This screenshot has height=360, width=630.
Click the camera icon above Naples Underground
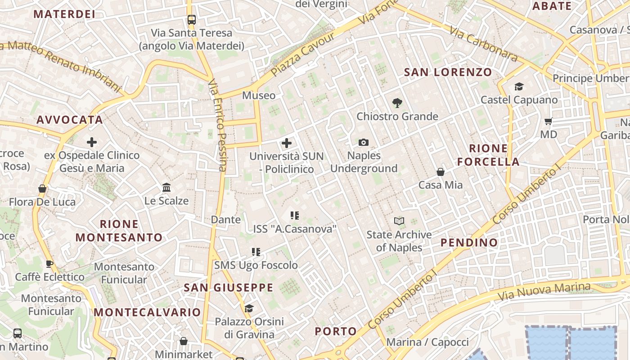pos(364,143)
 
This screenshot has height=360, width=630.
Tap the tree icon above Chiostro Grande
pos(397,103)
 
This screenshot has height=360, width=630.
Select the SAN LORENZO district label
pos(448,72)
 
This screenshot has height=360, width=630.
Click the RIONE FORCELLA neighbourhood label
pos(488,155)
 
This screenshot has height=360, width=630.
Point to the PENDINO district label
pos(469,243)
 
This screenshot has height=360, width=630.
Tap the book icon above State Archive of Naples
pos(399,221)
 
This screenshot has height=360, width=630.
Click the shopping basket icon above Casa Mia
pos(441,172)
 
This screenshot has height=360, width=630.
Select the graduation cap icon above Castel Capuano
pos(519,86)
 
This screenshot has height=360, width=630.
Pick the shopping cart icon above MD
pos(549,121)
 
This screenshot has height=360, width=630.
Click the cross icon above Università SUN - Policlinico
pos(287,144)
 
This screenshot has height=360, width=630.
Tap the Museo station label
pos(259,95)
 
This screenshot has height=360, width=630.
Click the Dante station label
pos(226,220)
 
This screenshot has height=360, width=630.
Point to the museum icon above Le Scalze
pos(166,187)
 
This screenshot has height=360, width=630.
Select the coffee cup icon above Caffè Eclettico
pos(49,264)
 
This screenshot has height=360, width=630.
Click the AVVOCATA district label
pos(70,120)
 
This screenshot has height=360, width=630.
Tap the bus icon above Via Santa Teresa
pos(192,20)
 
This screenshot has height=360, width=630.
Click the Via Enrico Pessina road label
pos(217,126)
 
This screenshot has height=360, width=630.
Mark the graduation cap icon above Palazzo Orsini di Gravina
pos(249,308)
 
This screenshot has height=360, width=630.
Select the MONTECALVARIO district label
pos(147,312)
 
